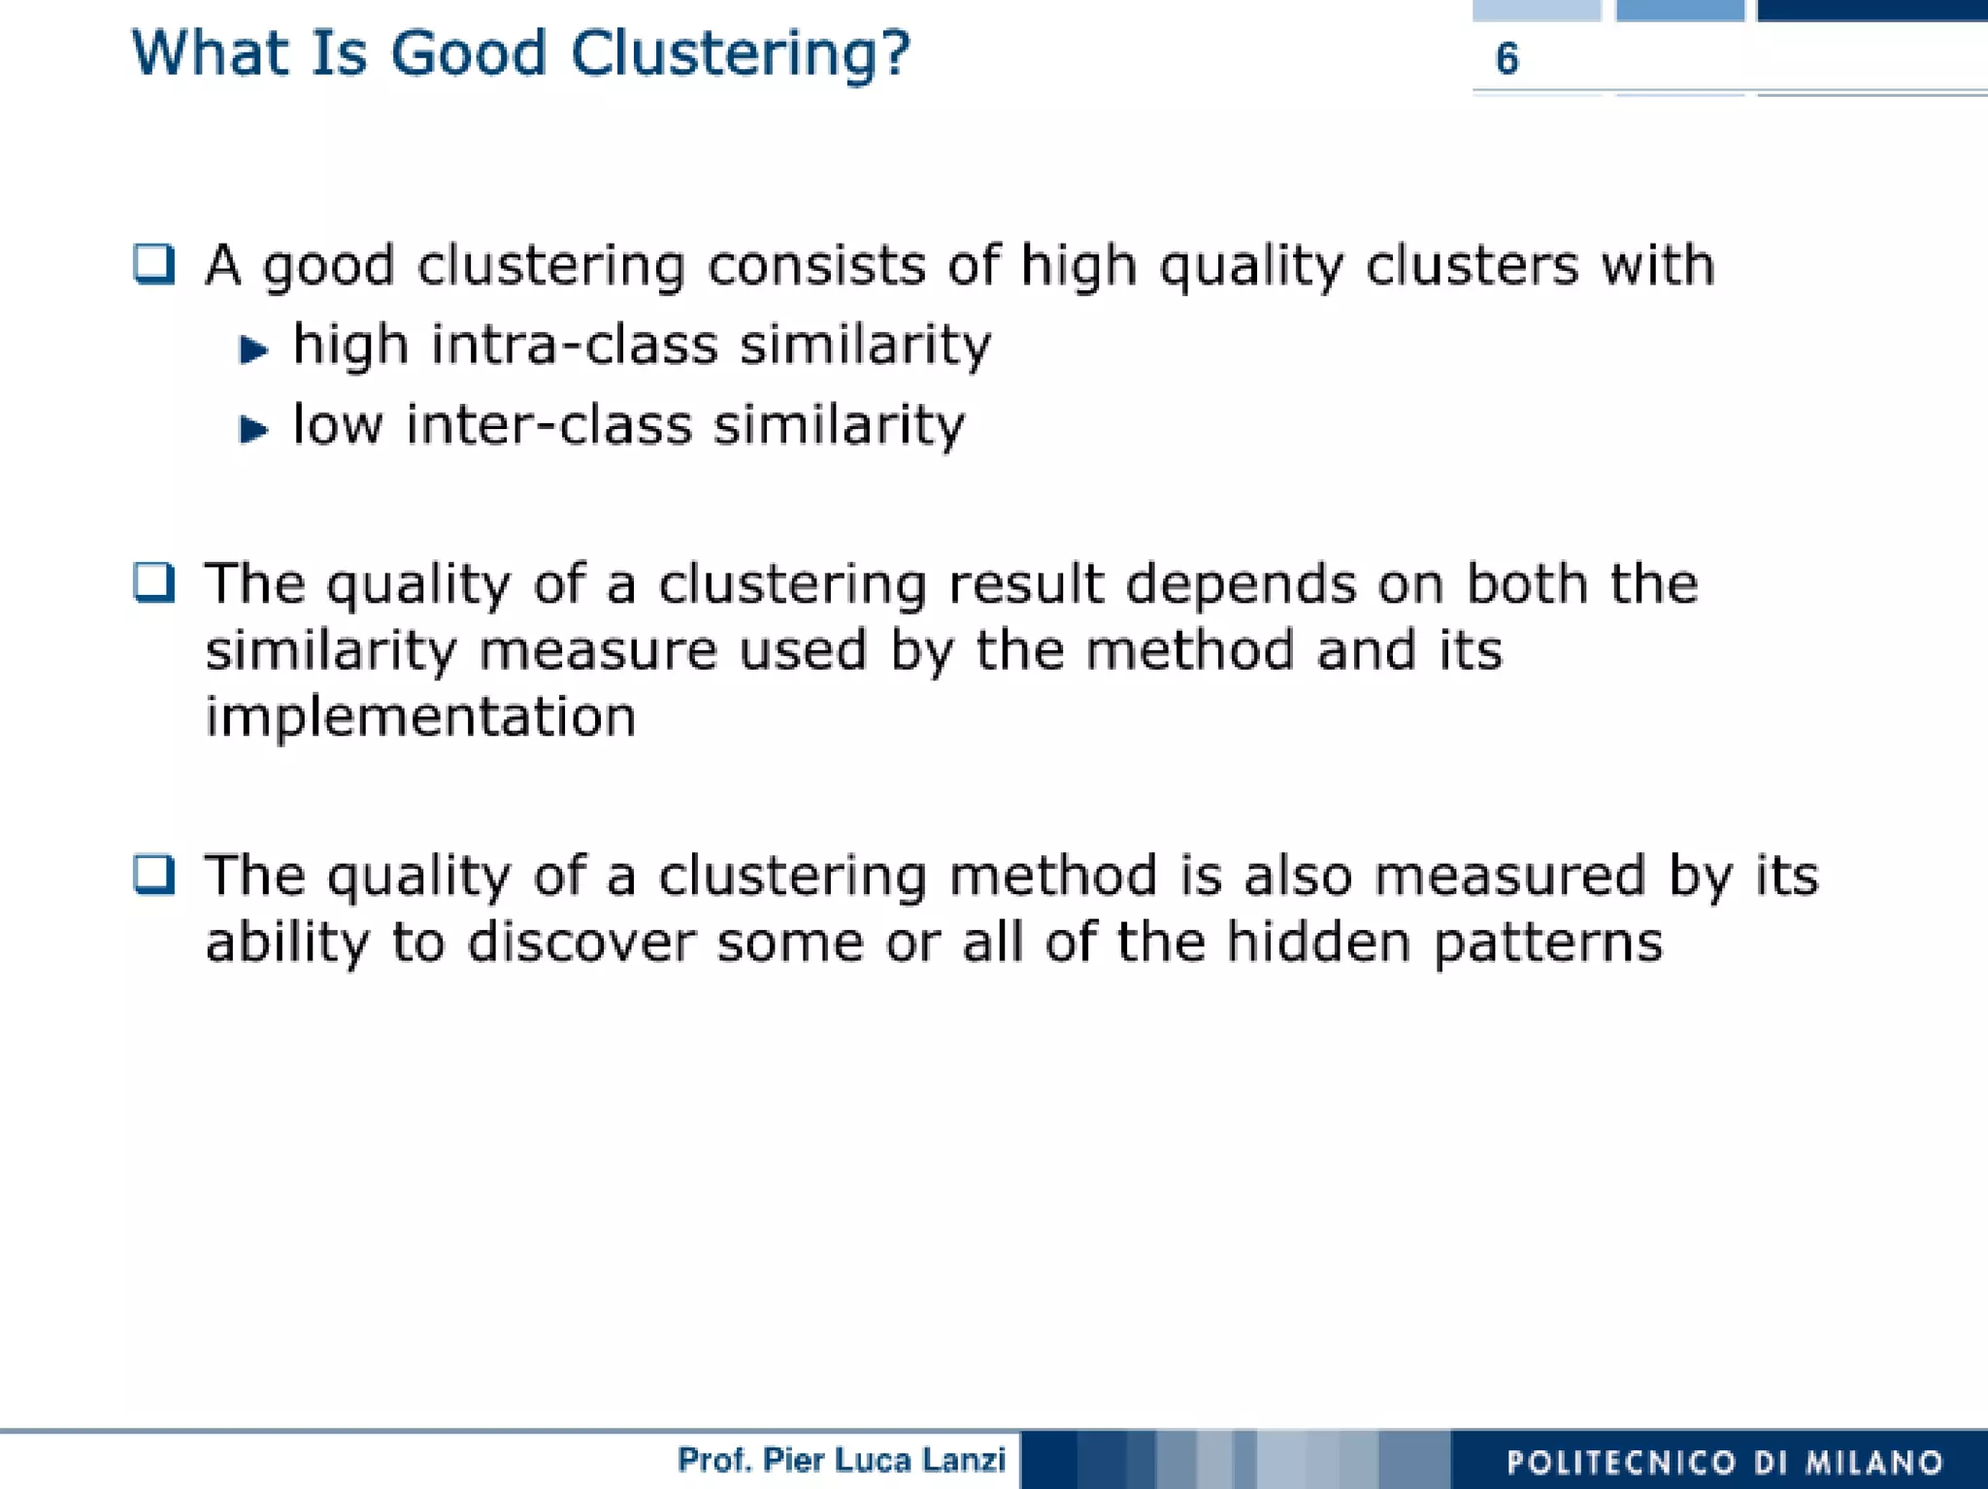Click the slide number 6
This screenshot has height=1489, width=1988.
[1507, 59]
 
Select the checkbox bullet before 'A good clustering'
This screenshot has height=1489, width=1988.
[154, 264]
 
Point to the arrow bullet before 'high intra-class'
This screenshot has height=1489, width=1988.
[253, 348]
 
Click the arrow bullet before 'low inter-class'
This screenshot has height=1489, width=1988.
[253, 428]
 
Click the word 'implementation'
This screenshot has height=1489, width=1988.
[420, 717]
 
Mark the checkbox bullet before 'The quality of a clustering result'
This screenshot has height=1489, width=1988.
[154, 582]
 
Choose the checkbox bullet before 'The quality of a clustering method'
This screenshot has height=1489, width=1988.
[154, 874]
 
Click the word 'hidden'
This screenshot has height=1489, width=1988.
[1318, 942]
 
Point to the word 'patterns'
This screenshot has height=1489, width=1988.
[1547, 943]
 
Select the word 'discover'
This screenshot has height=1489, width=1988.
[581, 942]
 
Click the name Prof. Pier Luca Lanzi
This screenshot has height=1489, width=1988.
[841, 1460]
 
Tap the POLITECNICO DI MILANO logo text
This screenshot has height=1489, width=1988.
[1724, 1462]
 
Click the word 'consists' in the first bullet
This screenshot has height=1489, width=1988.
[816, 265]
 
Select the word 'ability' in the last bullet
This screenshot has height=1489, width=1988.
[287, 943]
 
